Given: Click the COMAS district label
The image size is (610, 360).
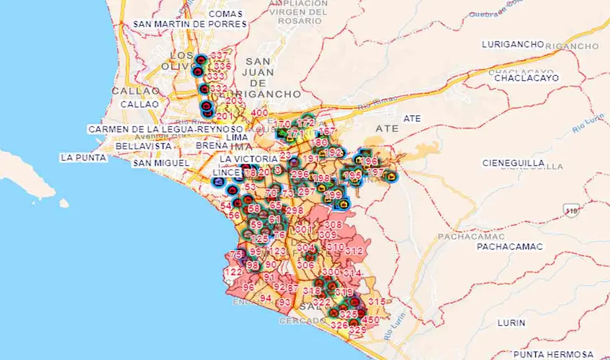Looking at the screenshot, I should [225, 13].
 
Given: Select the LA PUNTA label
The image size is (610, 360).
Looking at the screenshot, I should [84, 157].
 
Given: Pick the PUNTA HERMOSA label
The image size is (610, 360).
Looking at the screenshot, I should [553, 354].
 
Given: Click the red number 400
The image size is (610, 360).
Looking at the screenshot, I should [259, 113].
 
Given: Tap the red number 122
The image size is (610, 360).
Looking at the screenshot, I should [233, 272].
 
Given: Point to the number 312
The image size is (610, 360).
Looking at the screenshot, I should [354, 250].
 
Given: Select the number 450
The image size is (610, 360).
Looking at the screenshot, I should [371, 320].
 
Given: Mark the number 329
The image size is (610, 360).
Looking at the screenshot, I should [357, 330].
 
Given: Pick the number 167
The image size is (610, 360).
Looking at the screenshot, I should [327, 132].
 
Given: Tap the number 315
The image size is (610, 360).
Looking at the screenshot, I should [377, 302].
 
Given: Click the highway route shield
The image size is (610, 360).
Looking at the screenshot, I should [572, 210].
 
